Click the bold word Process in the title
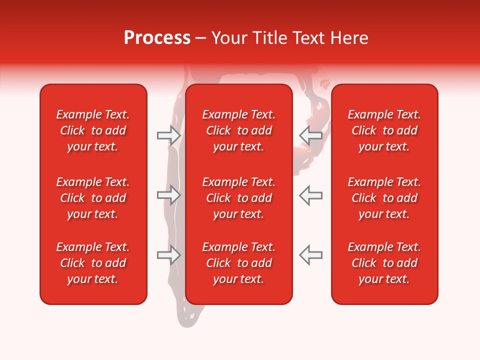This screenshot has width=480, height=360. coord(157,38)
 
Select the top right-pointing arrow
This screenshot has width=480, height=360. coord(169,135)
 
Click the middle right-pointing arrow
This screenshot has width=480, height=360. coord(169,195)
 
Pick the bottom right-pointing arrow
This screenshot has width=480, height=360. coord(169,255)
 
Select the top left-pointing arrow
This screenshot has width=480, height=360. coord(310,135)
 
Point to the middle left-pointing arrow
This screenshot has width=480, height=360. coord(310,195)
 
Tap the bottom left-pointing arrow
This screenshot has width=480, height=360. coord(310,255)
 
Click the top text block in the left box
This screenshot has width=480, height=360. coord(93,130)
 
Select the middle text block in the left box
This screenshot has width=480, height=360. coord(93,198)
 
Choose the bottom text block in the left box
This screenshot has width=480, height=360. coord(93,263)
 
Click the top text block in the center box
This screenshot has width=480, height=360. coord(238,130)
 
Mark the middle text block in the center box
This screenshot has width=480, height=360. coord(238,198)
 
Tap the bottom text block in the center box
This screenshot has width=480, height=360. coord(238,263)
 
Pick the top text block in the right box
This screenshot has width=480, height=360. coord(384,130)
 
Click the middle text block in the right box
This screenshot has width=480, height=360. coord(384,198)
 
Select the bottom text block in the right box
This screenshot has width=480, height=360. coord(384,263)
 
